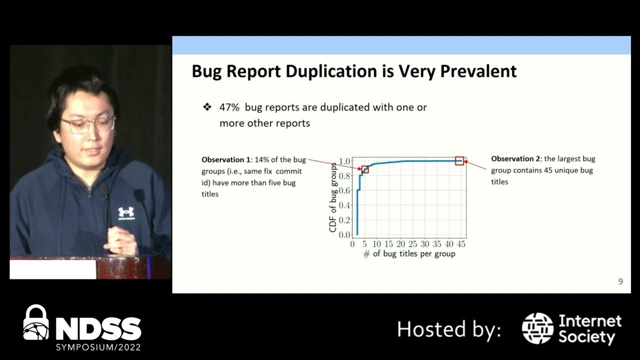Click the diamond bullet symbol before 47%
[207, 107]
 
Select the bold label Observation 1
[226, 160]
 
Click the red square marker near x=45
[459, 160]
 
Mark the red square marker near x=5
[365, 169]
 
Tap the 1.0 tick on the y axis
[344, 161]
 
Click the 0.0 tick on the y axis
[344, 234]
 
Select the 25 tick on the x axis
[412, 244]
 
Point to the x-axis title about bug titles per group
[409, 254]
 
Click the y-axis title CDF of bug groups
[333, 197]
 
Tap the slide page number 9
[620, 281]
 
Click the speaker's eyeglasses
[88, 124]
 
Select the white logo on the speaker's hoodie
[126, 213]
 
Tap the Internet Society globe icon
[537, 328]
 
